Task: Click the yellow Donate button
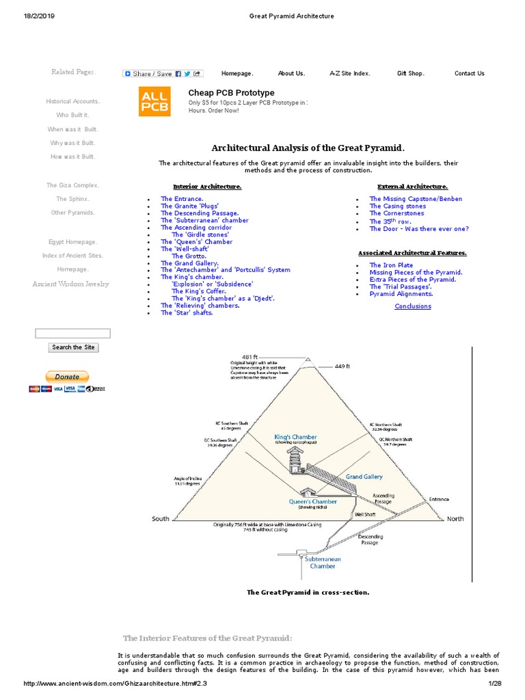click(67, 376)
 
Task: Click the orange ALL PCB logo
click(154, 100)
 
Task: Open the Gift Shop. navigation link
click(410, 73)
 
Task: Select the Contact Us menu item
click(469, 73)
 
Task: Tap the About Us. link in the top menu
click(291, 73)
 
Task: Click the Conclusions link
click(413, 306)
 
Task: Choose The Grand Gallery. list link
click(189, 263)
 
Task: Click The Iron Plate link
click(391, 265)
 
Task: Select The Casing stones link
click(397, 206)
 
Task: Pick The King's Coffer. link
click(198, 291)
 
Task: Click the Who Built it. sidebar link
click(72, 115)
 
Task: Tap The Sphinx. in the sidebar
click(72, 199)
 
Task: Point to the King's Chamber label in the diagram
click(295, 437)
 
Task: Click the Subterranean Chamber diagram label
click(323, 563)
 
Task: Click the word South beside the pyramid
click(161, 519)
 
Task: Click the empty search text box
click(72, 334)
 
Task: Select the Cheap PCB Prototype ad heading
click(231, 92)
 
